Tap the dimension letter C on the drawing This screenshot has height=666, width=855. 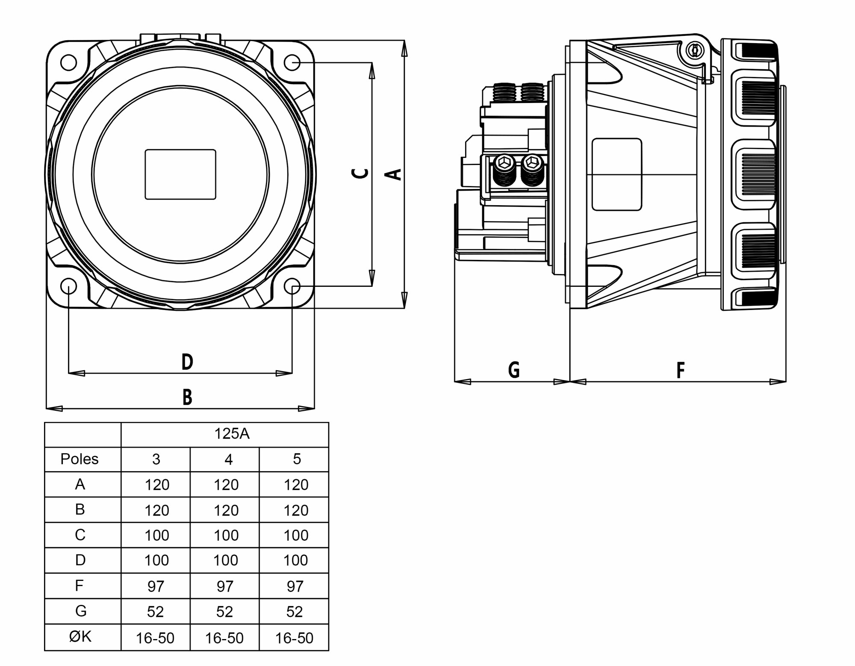pyautogui.click(x=360, y=173)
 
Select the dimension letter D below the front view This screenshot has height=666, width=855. pyautogui.click(x=187, y=362)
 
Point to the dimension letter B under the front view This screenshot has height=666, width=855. pyautogui.click(x=187, y=397)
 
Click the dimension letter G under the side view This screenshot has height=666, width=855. pyautogui.click(x=514, y=370)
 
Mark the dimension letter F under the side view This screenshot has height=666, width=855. pyautogui.click(x=681, y=370)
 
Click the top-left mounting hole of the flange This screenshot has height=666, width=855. pyautogui.click(x=68, y=62)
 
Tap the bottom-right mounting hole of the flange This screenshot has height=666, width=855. pyautogui.click(x=292, y=286)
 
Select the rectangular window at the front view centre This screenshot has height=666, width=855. pyautogui.click(x=180, y=174)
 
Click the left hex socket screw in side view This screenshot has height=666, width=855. pyautogui.click(x=504, y=162)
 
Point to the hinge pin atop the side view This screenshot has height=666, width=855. pyautogui.click(x=695, y=51)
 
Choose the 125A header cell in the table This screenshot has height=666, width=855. pyautogui.click(x=231, y=434)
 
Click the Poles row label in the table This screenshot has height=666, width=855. pyautogui.click(x=80, y=459)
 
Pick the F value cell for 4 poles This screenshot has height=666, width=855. pyautogui.click(x=225, y=586)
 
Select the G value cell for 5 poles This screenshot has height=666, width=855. pyautogui.click(x=295, y=612)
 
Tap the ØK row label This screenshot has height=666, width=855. pyautogui.click(x=80, y=637)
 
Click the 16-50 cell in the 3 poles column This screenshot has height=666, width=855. pyautogui.click(x=155, y=638)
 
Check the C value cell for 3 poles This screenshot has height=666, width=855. pyautogui.click(x=156, y=535)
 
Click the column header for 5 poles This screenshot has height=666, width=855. pyautogui.click(x=297, y=459)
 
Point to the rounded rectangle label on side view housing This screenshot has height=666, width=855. pyautogui.click(x=616, y=174)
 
